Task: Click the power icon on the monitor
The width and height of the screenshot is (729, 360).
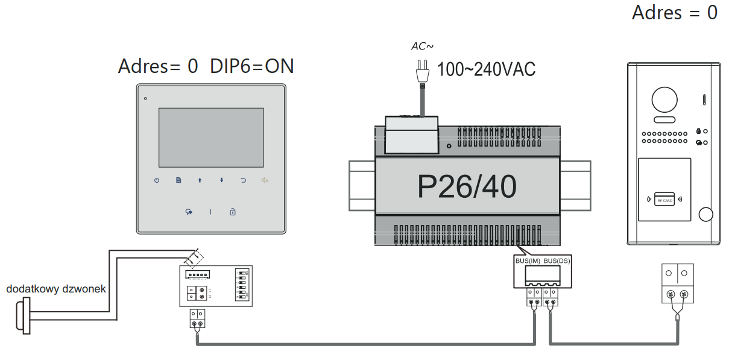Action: pos(157,180)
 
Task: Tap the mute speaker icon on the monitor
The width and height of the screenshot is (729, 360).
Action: pos(265,180)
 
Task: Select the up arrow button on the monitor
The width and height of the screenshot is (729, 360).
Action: pos(200,180)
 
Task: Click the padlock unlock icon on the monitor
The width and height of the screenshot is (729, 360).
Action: pos(233,212)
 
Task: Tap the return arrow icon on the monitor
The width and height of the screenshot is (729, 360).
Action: pos(244,180)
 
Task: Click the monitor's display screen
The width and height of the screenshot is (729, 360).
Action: pos(211,137)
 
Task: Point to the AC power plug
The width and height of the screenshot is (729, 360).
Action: pos(423,72)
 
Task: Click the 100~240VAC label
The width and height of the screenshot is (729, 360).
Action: pos(486,70)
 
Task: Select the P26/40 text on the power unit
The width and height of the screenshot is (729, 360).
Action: pos(467,187)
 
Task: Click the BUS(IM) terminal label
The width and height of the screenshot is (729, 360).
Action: pos(528,261)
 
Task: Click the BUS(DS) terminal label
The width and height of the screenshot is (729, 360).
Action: pos(557,261)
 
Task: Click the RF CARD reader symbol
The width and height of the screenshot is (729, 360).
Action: pos(664,200)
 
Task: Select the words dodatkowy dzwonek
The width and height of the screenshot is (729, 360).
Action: pos(56,289)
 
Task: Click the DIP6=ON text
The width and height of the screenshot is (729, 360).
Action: pos(252,66)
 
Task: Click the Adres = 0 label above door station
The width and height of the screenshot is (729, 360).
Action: pos(674,13)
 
